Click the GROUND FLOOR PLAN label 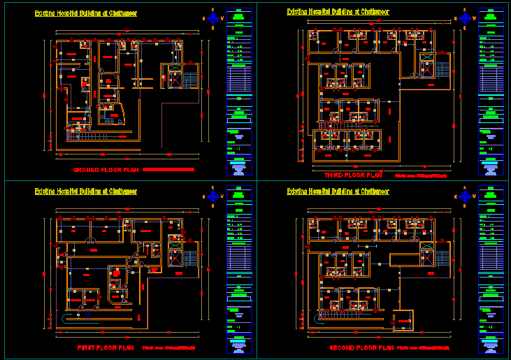[106, 169]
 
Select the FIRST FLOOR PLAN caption [105, 347]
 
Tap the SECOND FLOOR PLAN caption [361, 347]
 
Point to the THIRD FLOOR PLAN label [353, 174]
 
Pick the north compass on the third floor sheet [465, 18]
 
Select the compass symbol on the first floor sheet [213, 197]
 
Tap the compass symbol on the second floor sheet [465, 196]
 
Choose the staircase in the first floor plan [189, 258]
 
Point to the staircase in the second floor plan [442, 258]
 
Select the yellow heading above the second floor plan [338, 191]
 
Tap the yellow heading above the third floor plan [338, 12]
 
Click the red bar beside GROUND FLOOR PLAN [168, 169]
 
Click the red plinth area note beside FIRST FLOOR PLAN [168, 347]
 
